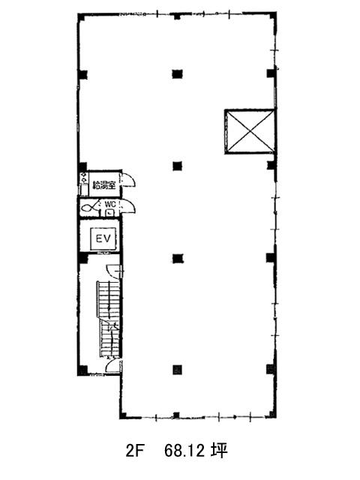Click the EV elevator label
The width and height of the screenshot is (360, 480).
[103, 238]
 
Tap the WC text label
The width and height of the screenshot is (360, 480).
[109, 203]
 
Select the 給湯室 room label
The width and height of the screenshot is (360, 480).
[104, 185]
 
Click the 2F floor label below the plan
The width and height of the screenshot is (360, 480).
[135, 451]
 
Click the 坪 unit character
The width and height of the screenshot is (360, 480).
[219, 451]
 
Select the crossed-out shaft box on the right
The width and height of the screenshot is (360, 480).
[250, 131]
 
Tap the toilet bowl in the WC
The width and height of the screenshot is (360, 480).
[88, 208]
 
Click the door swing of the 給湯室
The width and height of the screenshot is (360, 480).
[129, 180]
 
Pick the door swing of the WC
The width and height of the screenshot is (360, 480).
[128, 206]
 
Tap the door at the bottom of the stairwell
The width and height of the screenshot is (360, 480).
[113, 365]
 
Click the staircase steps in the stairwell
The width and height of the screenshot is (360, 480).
[109, 319]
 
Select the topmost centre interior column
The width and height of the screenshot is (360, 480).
[177, 73]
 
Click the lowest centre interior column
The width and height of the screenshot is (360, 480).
[177, 370]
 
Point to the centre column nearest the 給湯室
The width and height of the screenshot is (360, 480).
[177, 166]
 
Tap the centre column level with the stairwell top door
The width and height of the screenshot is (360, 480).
[177, 259]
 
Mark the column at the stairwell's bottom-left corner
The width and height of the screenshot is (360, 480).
[82, 370]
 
